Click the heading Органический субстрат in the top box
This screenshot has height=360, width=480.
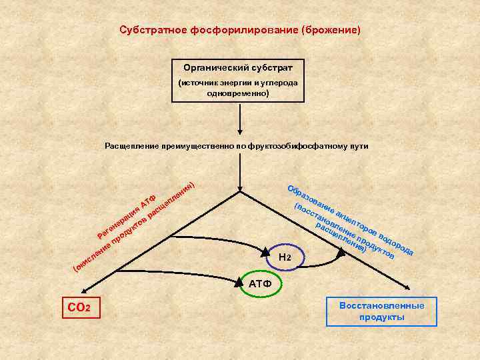pos(238,67)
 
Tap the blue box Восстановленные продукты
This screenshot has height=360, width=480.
pos(381,311)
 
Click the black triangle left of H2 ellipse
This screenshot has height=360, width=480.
pos(265,253)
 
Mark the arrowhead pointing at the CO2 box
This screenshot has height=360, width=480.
pos(83,290)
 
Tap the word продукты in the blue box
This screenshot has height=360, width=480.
pos(381,317)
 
